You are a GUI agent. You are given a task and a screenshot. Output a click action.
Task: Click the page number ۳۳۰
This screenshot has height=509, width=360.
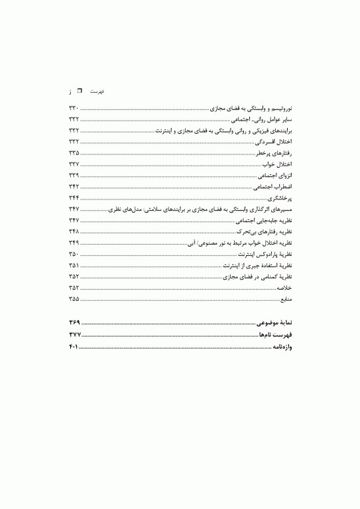click(74, 107)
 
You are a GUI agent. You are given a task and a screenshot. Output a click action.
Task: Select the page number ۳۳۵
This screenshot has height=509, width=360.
click(74, 153)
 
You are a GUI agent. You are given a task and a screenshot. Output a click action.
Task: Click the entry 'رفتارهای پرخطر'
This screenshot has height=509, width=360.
click(274, 153)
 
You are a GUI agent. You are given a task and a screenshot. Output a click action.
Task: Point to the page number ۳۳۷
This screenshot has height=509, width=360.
click(74, 164)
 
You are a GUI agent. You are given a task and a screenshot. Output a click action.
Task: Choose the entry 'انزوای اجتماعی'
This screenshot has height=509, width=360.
click(274, 176)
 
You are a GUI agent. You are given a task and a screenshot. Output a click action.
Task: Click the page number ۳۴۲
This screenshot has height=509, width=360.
click(74, 187)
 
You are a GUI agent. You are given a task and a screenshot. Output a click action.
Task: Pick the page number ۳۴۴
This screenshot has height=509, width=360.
click(74, 198)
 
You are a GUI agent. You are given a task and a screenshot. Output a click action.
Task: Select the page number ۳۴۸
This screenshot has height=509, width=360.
click(74, 231)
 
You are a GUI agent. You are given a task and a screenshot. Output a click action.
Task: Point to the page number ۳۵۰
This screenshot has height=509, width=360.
click(74, 254)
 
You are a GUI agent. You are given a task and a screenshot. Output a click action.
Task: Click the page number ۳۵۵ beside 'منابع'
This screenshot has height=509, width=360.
click(74, 299)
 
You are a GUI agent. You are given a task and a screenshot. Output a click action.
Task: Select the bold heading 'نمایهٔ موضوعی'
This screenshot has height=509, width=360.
click(274, 322)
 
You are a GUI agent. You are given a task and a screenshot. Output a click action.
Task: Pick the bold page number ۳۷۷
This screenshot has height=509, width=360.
click(74, 335)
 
